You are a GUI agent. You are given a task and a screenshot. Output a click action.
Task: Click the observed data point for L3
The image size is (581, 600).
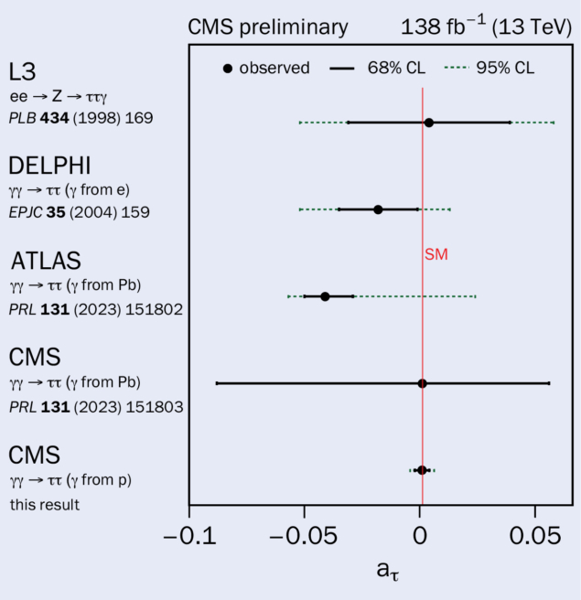tap(428, 122)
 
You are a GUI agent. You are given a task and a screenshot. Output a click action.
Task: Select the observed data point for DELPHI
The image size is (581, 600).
tap(378, 209)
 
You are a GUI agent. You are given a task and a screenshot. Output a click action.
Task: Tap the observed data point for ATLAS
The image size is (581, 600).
tap(325, 296)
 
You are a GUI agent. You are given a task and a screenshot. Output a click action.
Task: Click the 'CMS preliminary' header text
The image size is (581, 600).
tap(268, 27)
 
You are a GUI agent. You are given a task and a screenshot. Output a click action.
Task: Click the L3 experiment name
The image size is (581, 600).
tap(25, 71)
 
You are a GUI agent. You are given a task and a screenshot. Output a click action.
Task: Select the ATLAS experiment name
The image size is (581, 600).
tap(46, 261)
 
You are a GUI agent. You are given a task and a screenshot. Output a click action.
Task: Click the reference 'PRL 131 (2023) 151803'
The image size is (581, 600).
tap(96, 406)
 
